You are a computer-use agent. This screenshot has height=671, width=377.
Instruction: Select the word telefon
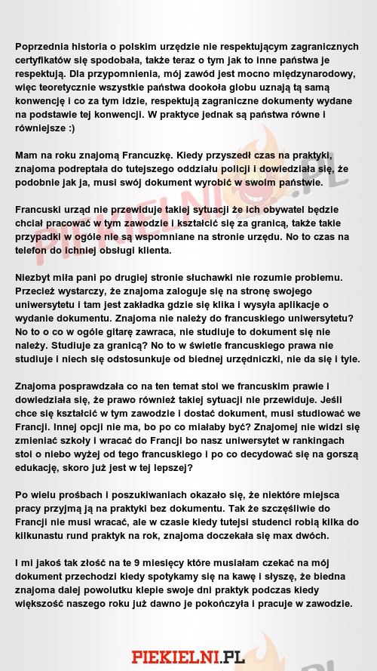tap(32, 250)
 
